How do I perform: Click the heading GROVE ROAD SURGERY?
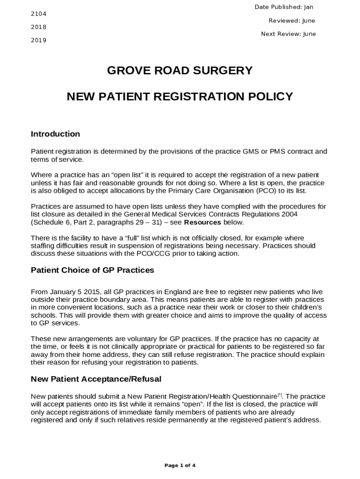pos(180,71)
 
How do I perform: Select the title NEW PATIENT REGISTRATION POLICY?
pos(180,97)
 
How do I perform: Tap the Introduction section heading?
pos(55,134)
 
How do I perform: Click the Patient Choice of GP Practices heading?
pos(92,270)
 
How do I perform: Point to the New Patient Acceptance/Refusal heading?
pos(96,379)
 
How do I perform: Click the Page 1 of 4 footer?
pos(180,465)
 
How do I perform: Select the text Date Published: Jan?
pos(284,7)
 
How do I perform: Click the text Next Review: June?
pos(288,34)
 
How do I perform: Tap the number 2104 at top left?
pos(38,14)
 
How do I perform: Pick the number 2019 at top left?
pos(38,40)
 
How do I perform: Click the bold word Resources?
pos(202,222)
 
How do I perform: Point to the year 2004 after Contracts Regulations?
pos(289,214)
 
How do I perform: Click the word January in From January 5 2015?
pos(63,292)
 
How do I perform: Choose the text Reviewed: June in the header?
pos(292,21)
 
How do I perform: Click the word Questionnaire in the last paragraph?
pos(256,397)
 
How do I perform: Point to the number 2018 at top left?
pos(38,27)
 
